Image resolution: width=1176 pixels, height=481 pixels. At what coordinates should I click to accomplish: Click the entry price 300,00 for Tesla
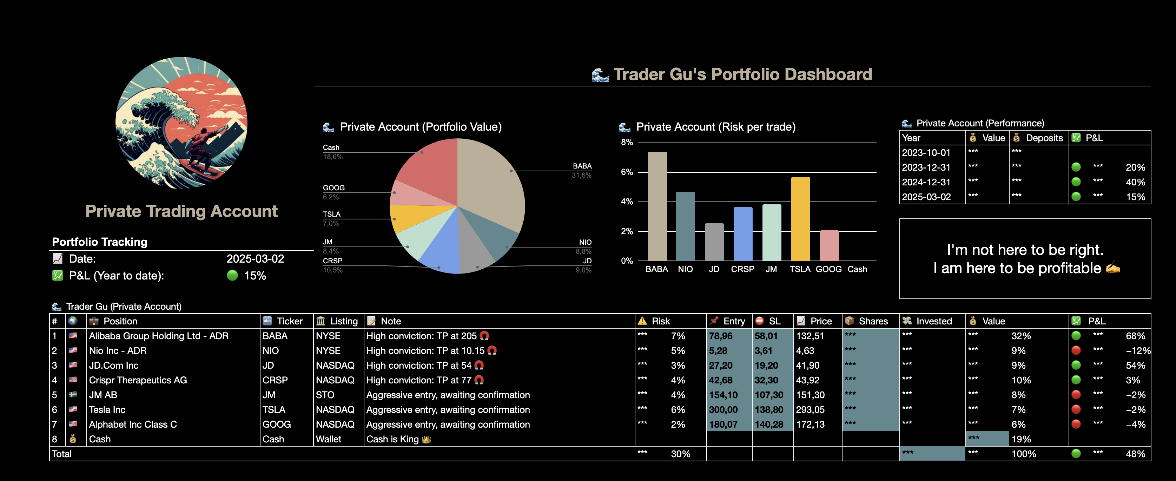tap(723, 410)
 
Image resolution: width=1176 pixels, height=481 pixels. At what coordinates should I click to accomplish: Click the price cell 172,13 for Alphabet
tap(810, 424)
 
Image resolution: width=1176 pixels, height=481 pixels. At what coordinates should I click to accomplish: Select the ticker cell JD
tap(269, 365)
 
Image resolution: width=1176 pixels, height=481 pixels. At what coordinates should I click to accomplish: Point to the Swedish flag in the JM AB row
tap(73, 395)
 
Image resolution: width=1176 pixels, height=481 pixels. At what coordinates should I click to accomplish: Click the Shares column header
tap(872, 321)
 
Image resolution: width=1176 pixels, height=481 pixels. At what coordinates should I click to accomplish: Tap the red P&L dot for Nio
tap(1076, 351)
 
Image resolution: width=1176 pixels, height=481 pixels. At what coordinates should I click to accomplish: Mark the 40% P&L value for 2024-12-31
tap(1135, 182)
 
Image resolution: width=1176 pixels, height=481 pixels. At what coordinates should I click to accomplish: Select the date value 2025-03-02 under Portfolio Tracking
tap(255, 259)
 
